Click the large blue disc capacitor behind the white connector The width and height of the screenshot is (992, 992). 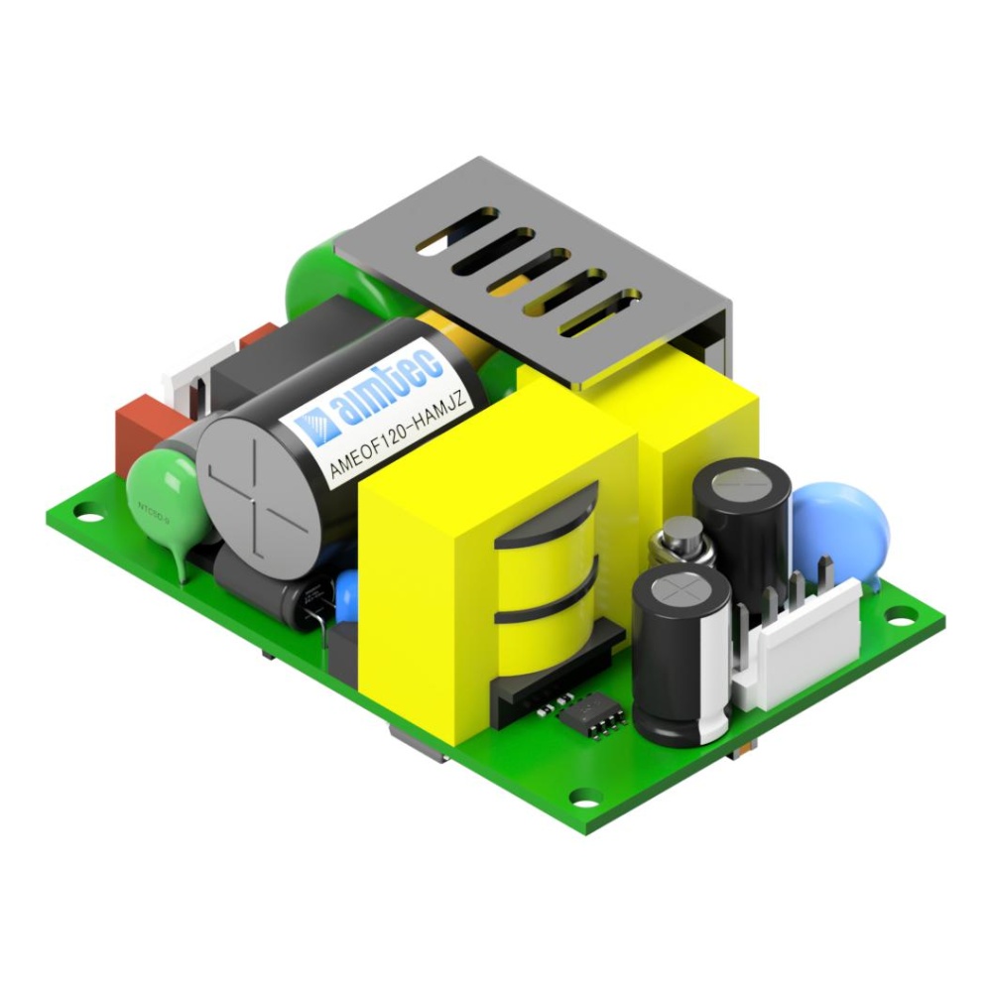point(841,525)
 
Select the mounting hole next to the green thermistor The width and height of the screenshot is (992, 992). point(88,513)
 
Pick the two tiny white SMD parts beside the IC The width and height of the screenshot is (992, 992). point(544,707)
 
